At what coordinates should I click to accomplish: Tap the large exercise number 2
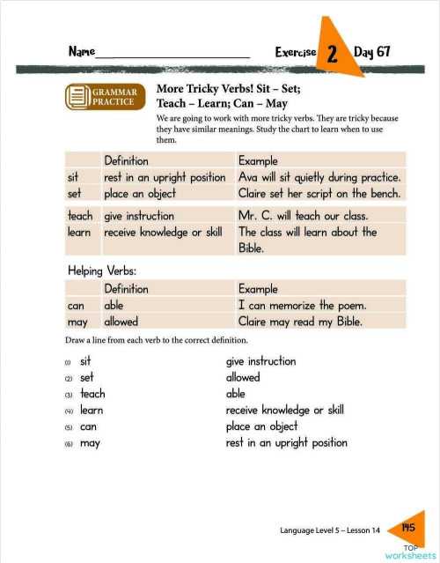click(x=333, y=54)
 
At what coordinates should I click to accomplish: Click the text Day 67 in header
click(x=371, y=52)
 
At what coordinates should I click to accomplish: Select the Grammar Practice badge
click(x=102, y=96)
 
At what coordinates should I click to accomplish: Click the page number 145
click(x=407, y=527)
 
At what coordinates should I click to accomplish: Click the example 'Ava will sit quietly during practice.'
click(x=319, y=177)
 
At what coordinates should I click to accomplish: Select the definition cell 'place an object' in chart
click(x=140, y=193)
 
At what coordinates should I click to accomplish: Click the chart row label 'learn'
click(x=80, y=233)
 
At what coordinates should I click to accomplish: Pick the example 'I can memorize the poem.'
click(x=303, y=306)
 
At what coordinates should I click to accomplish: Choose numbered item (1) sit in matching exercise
click(x=85, y=361)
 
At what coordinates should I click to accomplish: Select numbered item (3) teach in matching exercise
click(x=92, y=394)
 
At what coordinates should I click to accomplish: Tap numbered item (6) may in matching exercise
click(x=89, y=443)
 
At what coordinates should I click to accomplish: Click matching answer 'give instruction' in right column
click(x=260, y=361)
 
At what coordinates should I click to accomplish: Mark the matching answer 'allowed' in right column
click(x=243, y=377)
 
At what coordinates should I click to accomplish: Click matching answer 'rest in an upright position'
click(x=286, y=443)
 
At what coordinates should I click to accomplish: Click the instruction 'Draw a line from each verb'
click(x=155, y=340)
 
